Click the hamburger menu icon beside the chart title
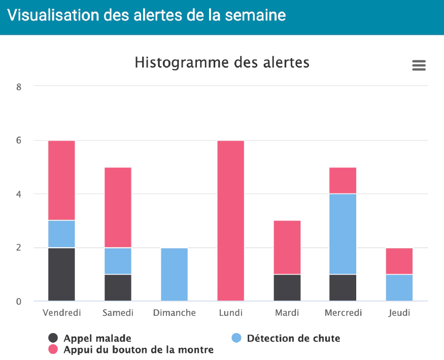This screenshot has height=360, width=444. [419, 66]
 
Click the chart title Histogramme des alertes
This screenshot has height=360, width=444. [222, 62]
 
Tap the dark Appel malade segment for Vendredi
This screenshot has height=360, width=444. [61, 274]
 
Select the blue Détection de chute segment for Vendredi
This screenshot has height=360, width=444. [61, 234]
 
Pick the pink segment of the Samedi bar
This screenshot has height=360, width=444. [118, 207]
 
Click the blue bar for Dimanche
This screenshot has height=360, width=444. [174, 274]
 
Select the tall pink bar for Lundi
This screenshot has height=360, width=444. [230, 221]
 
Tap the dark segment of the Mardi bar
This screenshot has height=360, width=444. [287, 287]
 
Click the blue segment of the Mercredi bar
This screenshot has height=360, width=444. [343, 234]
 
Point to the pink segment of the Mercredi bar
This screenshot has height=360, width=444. [343, 180]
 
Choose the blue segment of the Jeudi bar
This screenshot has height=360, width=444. [399, 287]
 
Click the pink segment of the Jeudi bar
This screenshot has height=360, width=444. [399, 261]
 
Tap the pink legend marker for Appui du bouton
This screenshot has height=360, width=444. [53, 349]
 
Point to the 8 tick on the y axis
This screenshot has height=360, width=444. [19, 87]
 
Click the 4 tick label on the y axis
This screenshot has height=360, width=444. [19, 194]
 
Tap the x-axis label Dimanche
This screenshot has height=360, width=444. [174, 313]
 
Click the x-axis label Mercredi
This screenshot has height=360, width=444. [343, 313]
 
